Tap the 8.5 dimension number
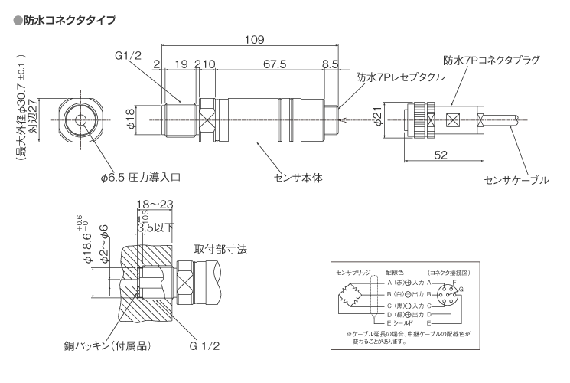coord(331,64)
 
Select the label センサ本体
coord(300,177)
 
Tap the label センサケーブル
coord(517,180)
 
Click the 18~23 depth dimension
coord(155,203)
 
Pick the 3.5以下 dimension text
coord(157,227)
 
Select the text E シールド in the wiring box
coord(402,323)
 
